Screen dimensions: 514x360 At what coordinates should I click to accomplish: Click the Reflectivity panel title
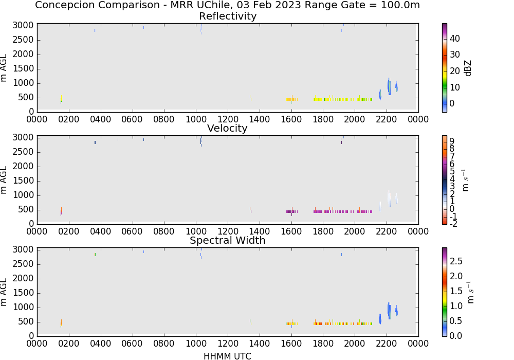[228, 16]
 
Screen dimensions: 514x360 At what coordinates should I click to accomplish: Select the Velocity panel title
[227, 128]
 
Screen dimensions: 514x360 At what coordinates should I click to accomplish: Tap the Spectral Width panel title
[228, 240]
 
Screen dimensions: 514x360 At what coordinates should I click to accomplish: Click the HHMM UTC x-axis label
[227, 356]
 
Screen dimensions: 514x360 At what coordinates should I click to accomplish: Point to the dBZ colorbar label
[468, 68]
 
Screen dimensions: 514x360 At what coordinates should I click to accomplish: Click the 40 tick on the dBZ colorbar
[455, 39]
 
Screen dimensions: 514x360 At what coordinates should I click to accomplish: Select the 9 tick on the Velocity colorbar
[452, 141]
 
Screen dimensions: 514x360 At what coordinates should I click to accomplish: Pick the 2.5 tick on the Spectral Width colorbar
[456, 261]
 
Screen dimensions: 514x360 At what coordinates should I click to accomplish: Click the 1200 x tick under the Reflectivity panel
[228, 119]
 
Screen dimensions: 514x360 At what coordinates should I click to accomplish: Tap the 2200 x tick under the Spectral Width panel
[387, 344]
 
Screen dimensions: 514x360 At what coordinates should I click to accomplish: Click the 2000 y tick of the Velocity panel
[23, 166]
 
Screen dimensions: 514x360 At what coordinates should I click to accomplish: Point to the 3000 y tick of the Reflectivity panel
[23, 26]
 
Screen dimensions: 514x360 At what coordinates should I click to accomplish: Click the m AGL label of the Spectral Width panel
[4, 292]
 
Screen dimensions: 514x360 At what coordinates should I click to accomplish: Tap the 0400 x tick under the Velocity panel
[101, 231]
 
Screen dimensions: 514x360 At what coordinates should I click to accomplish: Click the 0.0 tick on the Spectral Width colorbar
[456, 336]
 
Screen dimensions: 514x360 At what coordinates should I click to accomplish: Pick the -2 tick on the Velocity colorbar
[453, 224]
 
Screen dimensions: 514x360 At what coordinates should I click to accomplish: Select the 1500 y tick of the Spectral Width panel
[23, 293]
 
